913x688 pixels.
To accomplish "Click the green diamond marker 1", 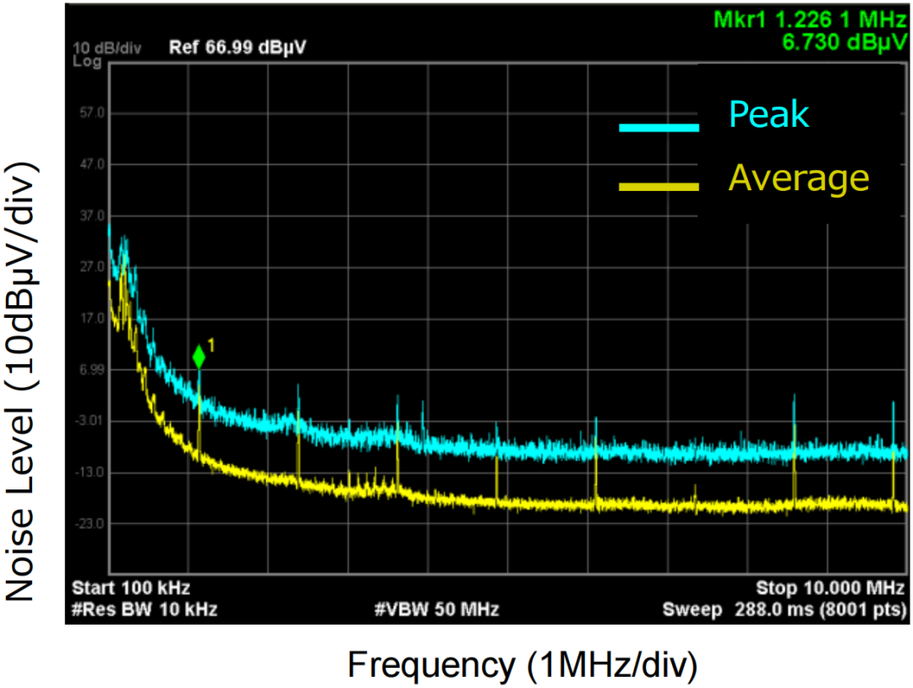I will coord(199,358).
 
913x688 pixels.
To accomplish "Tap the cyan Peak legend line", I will coord(659,128).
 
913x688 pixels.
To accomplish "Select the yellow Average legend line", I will coord(659,186).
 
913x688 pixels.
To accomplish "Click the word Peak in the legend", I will coord(768,114).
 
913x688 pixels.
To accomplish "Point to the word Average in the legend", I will coord(798,178).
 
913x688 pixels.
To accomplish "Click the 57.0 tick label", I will coord(88,112).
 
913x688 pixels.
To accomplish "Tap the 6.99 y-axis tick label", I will coord(87,369).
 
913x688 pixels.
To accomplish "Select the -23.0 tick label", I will coord(87,524).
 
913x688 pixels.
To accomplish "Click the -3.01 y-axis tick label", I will coord(87,421).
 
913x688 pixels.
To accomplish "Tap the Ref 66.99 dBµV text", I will coord(237,47).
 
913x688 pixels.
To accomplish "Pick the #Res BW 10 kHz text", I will coord(144,609).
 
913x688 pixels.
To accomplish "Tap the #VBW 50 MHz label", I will coord(436,609).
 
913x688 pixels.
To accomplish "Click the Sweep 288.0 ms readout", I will coord(785,609).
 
